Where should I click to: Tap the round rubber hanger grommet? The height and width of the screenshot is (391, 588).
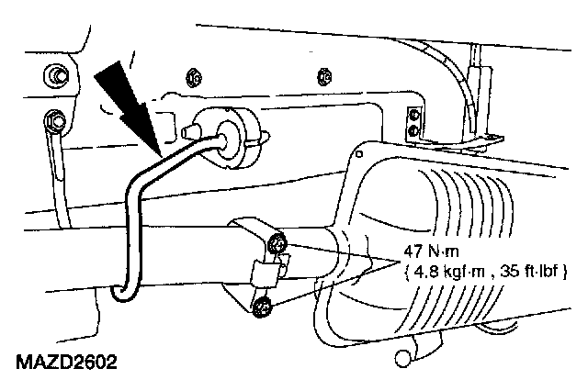click(x=229, y=135)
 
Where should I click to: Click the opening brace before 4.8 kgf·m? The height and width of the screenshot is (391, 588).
click(x=405, y=272)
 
